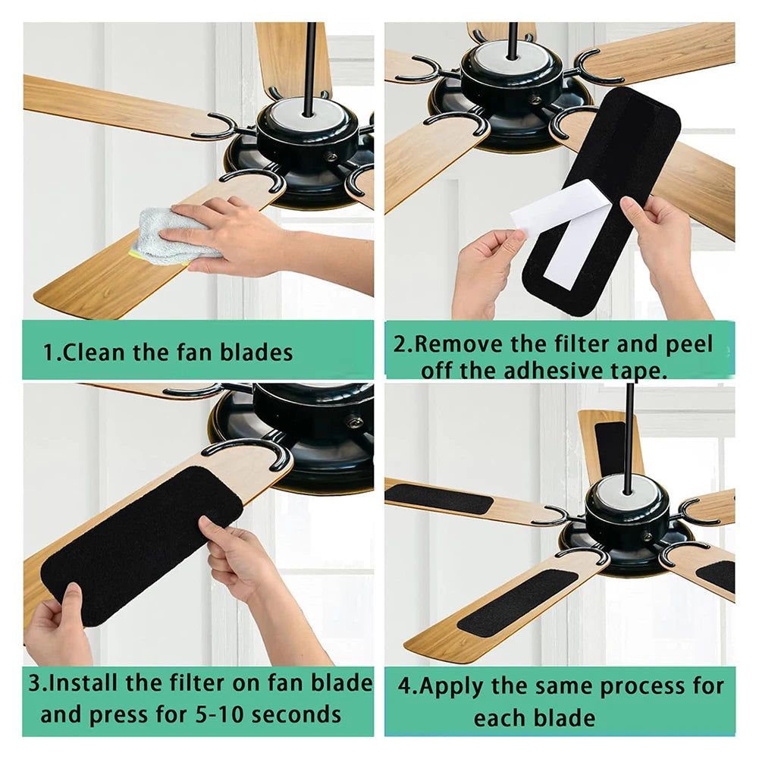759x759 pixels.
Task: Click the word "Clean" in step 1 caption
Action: coord(96,352)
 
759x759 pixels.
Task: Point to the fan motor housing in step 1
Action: coord(307,140)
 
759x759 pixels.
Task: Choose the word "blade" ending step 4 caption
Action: coord(564,717)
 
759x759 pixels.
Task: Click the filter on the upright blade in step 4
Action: coord(610,447)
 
